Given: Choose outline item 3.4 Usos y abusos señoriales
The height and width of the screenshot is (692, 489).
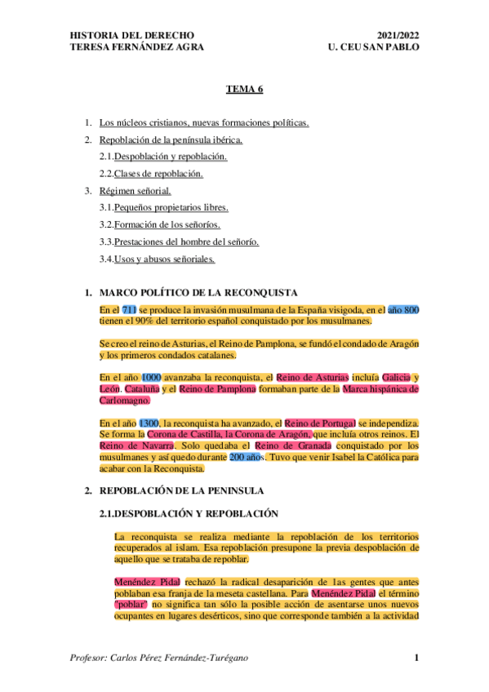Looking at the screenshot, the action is tap(164, 259).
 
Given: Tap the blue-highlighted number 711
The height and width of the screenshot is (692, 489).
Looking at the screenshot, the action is tap(129, 310).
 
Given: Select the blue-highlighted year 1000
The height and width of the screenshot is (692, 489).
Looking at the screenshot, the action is tap(151, 377).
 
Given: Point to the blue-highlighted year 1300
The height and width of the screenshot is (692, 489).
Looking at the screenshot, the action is tap(149, 424).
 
